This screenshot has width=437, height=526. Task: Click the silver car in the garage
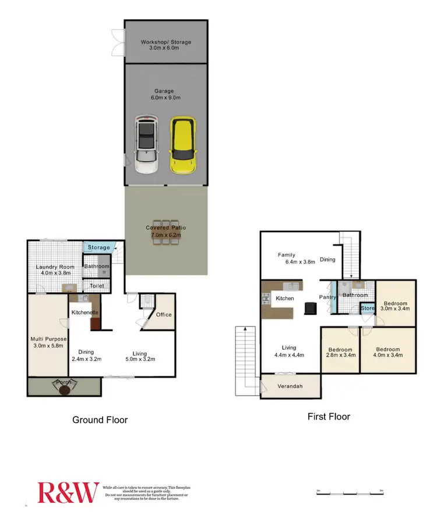(147, 145)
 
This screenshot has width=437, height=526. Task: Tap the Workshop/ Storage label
(165, 42)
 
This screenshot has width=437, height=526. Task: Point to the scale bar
(348, 493)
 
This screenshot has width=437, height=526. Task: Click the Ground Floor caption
(100, 420)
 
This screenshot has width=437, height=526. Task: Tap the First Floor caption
(329, 417)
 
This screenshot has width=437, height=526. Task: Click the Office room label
(164, 315)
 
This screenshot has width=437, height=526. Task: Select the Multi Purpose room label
(49, 339)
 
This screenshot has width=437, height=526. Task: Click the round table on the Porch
(63, 389)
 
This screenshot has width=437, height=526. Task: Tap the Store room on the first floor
(368, 308)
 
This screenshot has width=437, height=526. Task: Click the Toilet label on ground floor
(97, 286)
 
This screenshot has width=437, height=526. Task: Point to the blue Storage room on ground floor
(98, 248)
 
